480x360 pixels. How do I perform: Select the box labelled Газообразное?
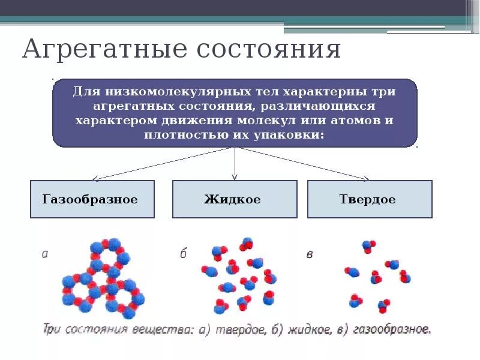pos(92,199)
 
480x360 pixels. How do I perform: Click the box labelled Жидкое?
pos(234,199)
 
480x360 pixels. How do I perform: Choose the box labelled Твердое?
pos(369,199)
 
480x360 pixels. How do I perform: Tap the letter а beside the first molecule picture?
pos(44,254)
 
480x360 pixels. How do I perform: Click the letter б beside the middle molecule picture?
pos(184,254)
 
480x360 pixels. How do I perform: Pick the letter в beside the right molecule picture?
pos(310,254)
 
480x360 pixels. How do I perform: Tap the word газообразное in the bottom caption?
pos(391,329)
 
